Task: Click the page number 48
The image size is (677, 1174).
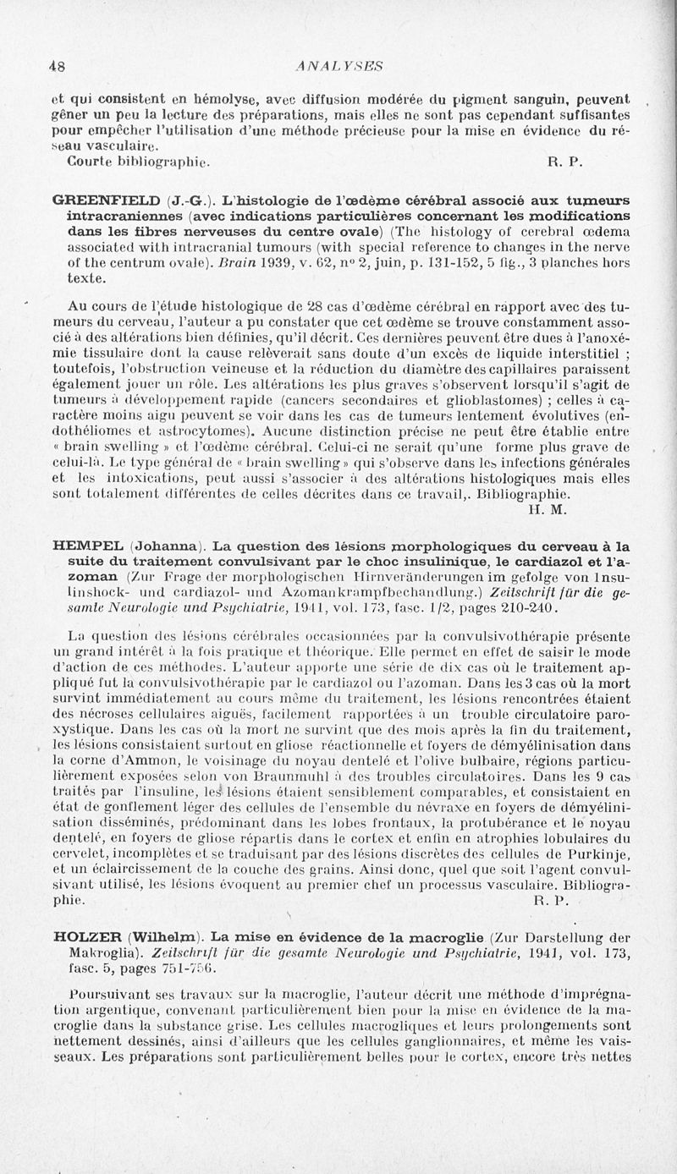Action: pyautogui.click(x=58, y=65)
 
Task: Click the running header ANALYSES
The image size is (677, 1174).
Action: pyautogui.click(x=335, y=65)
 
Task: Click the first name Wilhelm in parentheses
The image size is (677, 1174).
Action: pyautogui.click(x=164, y=936)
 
